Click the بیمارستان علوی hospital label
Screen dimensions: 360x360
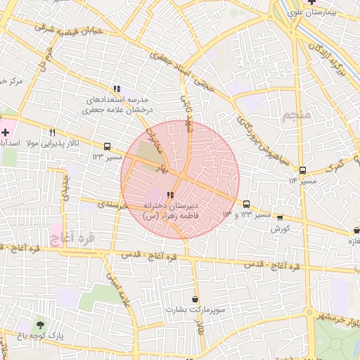[332, 13]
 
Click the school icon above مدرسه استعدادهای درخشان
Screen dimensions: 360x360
[117, 89]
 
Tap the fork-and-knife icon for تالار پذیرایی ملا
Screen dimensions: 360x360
[52, 132]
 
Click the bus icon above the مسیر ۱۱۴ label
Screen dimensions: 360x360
[302, 170]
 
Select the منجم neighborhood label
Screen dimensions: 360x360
[295, 116]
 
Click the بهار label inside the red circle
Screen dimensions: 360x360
[163, 169]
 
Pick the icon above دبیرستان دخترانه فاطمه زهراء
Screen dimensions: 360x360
[170, 195]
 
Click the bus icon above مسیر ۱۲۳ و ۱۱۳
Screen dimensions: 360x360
[246, 204]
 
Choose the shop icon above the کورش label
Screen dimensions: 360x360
[281, 219]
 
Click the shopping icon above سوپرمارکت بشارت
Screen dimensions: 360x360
[195, 299]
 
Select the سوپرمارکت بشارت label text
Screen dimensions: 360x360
[195, 309]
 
